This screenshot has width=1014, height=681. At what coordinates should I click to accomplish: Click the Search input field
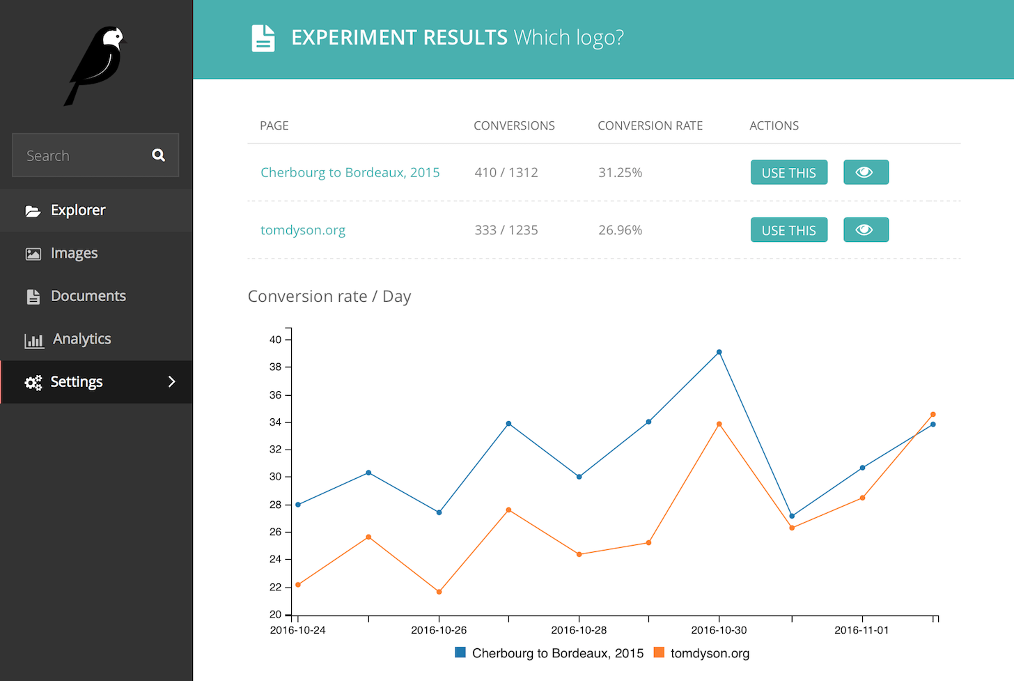[x=84, y=155]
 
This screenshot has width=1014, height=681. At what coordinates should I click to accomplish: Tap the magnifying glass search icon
[x=159, y=155]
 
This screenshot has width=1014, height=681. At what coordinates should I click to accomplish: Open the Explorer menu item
[x=78, y=211]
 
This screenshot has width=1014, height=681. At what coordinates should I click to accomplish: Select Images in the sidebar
[x=74, y=254]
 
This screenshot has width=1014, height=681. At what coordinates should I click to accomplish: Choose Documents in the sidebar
[x=88, y=296]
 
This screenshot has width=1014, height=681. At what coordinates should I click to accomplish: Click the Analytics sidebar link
[x=81, y=339]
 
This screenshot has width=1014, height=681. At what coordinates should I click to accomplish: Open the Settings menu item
[x=77, y=382]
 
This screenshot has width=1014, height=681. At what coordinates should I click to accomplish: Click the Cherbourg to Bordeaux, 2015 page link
[x=350, y=172]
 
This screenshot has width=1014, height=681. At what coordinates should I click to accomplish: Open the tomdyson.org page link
[x=302, y=230]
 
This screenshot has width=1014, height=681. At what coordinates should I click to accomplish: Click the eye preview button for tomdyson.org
[x=866, y=230]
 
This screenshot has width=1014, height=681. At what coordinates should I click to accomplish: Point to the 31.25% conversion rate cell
[x=620, y=172]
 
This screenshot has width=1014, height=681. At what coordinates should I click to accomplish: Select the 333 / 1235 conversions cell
[x=506, y=230]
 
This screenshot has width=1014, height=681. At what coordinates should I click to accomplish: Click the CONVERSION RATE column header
[x=650, y=125]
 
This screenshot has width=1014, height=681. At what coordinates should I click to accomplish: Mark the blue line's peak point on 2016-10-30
[x=719, y=352]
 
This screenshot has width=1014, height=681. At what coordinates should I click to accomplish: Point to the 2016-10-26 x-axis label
[x=439, y=630]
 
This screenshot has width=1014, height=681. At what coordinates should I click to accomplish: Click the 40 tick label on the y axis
[x=276, y=339]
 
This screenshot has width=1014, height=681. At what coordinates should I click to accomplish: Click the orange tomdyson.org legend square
[x=659, y=653]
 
